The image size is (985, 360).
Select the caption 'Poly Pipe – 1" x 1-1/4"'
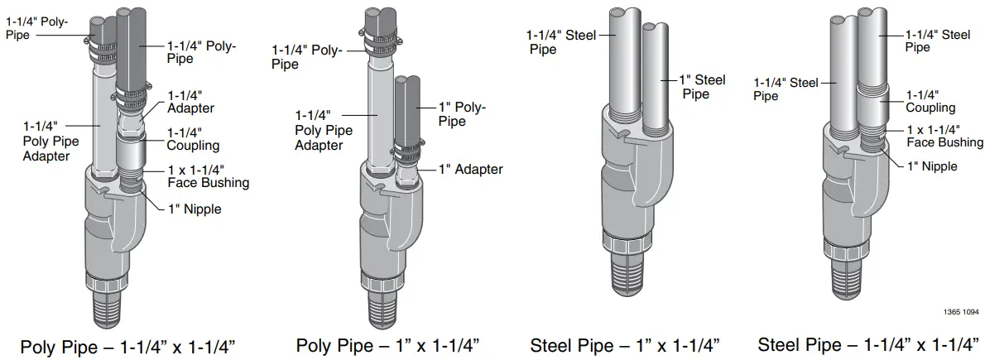(388, 345)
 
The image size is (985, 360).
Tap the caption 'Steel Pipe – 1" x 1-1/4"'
(625, 345)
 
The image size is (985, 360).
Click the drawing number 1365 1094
(960, 312)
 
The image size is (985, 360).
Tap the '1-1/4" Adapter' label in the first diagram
(190, 102)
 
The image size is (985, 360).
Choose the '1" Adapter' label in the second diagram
(469, 169)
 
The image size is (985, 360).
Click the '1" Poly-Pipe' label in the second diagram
(462, 114)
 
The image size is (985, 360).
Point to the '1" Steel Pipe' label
(702, 87)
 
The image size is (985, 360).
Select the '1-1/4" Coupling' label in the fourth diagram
(930, 101)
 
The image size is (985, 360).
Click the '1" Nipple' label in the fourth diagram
(931, 166)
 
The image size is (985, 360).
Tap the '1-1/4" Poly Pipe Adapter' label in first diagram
(51, 141)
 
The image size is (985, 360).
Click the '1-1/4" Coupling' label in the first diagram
(193, 139)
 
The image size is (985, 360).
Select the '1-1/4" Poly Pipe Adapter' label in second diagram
(324, 130)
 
